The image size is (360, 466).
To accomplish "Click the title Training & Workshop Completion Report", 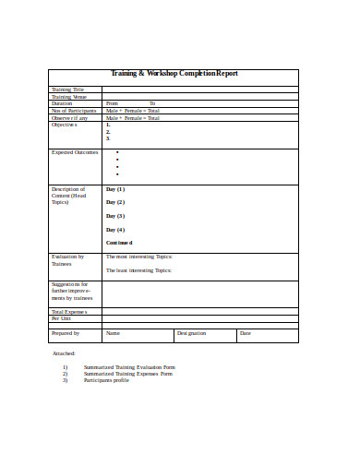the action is click(x=174, y=73).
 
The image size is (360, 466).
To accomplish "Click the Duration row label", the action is click(x=62, y=103).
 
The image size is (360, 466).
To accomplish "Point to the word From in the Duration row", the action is click(x=112, y=103).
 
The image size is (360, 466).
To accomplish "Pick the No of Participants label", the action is click(x=73, y=111).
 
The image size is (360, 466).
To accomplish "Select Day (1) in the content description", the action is click(x=115, y=188).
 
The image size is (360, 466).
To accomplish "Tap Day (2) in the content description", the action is click(x=115, y=202).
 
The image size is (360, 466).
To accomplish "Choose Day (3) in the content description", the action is click(x=115, y=216).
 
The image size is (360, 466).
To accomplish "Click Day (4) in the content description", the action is click(x=115, y=230).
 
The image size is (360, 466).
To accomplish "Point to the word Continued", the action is click(x=120, y=243).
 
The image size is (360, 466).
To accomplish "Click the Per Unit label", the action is click(x=61, y=318).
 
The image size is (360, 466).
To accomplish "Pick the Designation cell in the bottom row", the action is click(x=191, y=333).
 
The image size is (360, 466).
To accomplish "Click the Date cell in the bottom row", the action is click(x=245, y=333).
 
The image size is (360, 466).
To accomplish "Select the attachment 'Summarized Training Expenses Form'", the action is click(x=128, y=374).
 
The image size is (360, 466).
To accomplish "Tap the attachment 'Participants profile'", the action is click(x=106, y=380).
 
